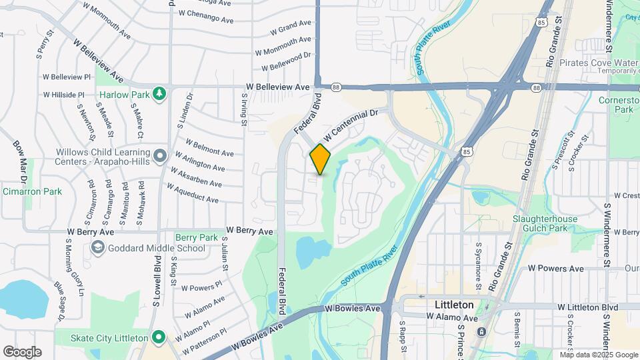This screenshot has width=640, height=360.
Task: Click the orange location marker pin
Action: pos(320,159)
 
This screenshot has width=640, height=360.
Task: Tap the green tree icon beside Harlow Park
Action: pos(159,94)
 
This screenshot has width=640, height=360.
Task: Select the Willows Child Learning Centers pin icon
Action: pos(159,156)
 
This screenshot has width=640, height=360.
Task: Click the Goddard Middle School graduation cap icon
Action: pos(97,248)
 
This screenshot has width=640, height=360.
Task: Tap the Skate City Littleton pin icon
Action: pos(159,337)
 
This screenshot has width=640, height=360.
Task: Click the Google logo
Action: pos(22,351)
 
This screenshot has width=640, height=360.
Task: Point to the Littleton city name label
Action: pos(453,305)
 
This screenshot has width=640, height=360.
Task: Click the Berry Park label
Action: pos(197,237)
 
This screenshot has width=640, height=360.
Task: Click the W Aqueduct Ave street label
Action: pos(193,195)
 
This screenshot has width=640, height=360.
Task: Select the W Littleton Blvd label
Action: pos(589,306)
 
